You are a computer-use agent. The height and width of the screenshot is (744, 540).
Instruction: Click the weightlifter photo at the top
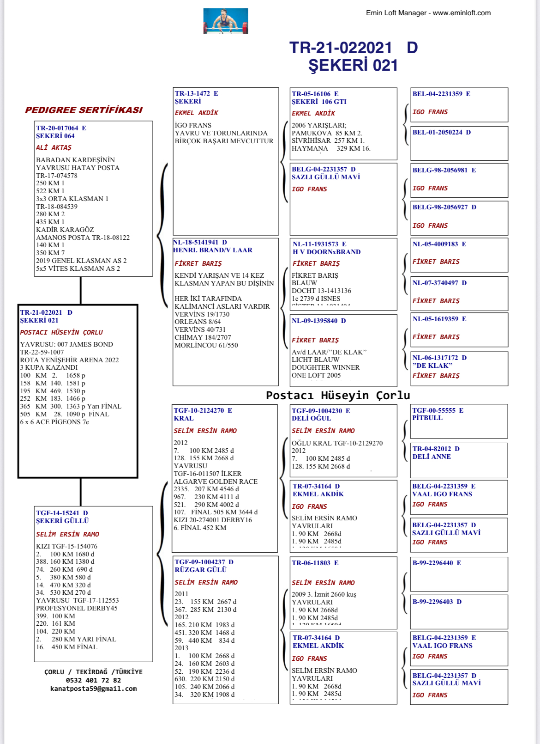tap(226, 21)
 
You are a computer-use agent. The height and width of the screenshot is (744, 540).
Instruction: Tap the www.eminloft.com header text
tap(462, 13)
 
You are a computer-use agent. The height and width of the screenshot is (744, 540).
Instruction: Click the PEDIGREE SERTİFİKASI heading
tap(84, 110)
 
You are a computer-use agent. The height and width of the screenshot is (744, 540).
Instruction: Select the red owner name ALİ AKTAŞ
tap(54, 147)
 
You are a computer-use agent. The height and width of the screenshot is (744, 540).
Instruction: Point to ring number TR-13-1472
tap(193, 93)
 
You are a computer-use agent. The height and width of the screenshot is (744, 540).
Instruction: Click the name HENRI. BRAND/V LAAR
tap(213, 250)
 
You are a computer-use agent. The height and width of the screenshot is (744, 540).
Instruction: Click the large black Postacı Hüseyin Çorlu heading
tap(338, 396)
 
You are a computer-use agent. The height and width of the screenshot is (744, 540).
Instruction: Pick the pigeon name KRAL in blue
tap(184, 418)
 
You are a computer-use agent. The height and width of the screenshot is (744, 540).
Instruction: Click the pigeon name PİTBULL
tap(427, 418)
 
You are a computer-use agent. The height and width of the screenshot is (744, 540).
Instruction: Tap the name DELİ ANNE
tap(432, 457)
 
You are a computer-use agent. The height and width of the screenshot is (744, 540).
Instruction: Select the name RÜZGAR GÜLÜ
tap(201, 570)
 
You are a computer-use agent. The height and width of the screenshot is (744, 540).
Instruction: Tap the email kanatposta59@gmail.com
tap(93, 689)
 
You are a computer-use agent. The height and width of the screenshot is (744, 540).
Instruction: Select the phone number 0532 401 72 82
tap(93, 680)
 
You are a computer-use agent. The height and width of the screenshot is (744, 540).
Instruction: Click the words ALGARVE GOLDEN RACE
tap(216, 482)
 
